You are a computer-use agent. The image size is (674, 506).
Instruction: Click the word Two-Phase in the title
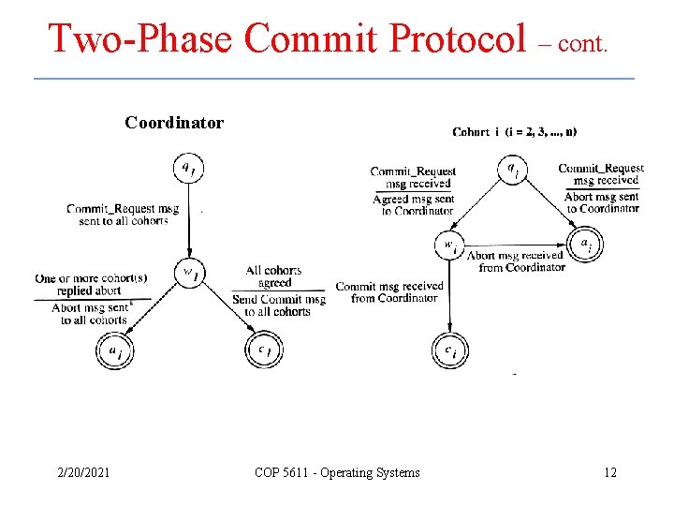140,38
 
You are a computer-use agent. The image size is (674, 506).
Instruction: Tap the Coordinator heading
174,123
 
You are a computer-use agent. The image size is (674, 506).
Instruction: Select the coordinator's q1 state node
187,169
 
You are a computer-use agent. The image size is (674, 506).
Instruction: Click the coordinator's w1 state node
189,274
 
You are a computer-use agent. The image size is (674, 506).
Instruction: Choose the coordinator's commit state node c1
263,350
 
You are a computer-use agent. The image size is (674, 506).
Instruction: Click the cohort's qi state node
512,170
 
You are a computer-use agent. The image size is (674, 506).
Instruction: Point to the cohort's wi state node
449,246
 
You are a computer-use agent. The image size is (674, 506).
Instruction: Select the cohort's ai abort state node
586,246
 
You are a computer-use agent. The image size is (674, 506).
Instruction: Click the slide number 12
609,472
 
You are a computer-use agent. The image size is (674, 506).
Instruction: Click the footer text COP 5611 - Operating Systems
337,472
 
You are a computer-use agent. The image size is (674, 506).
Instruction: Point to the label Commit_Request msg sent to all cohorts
122,215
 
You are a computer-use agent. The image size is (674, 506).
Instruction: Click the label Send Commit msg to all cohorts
278,305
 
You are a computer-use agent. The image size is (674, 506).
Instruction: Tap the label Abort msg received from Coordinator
516,260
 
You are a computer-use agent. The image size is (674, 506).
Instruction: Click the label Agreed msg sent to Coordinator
414,205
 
